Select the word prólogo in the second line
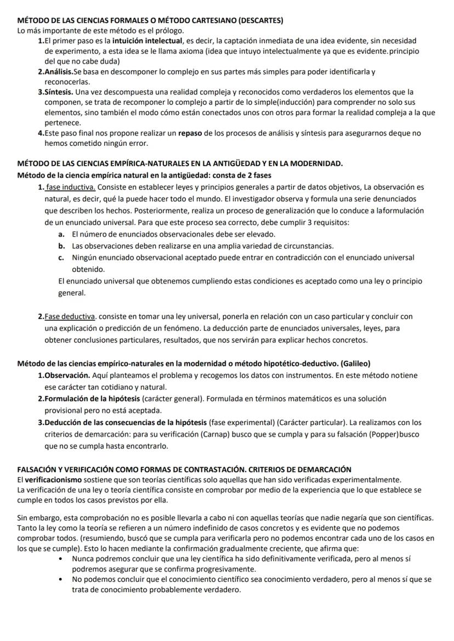coord(168,30)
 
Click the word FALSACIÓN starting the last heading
coord(38,469)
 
